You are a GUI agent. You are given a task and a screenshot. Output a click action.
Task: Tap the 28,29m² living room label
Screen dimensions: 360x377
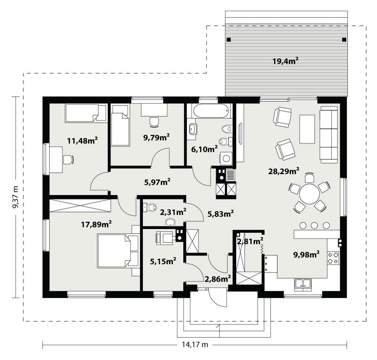(284, 171)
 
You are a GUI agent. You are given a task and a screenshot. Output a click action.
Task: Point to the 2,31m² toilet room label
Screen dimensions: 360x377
(172, 212)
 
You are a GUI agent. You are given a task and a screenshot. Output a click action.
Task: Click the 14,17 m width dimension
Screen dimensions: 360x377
(194, 345)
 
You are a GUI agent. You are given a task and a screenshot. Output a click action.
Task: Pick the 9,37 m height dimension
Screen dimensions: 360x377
(16, 197)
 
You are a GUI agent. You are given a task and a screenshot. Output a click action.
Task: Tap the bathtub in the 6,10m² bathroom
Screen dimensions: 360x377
(211, 111)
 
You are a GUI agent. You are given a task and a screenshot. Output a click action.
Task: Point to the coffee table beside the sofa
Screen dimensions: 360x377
(307, 129)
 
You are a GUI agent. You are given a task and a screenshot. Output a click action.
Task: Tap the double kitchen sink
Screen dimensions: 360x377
(303, 284)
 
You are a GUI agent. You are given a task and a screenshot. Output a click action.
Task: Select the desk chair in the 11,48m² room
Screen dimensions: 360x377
(68, 160)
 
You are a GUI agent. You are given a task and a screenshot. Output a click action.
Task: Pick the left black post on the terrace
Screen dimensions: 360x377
(229, 40)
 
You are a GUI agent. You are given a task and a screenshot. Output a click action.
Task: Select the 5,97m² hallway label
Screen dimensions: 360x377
(157, 182)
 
